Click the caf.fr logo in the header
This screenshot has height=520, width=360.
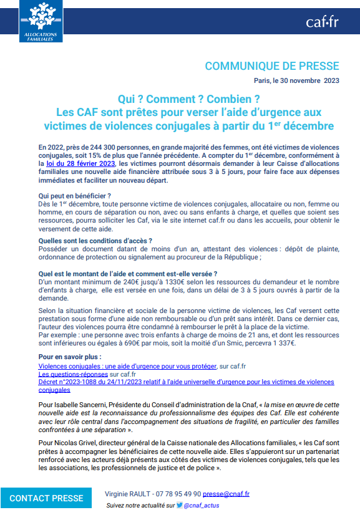point(321,22)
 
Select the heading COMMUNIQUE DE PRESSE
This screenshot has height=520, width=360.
point(272,66)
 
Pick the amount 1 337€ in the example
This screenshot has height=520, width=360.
point(281,342)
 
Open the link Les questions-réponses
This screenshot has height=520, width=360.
point(73,373)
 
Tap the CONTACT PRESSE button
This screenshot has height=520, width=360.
point(46,498)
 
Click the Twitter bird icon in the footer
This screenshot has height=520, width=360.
point(179,506)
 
